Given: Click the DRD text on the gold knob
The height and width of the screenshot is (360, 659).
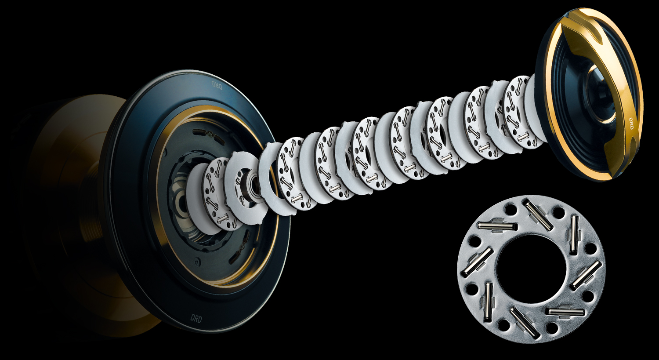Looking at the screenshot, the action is (x=631, y=124).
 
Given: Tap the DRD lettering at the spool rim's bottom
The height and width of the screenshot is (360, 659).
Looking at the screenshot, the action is (x=196, y=318).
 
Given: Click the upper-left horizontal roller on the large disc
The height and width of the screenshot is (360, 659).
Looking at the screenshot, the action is (x=497, y=226).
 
